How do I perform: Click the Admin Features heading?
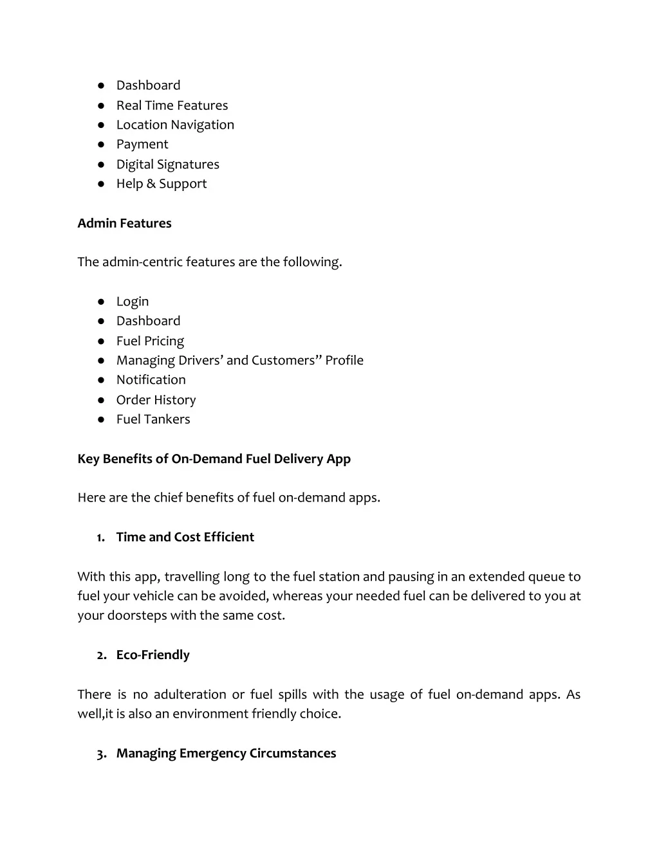(x=124, y=223)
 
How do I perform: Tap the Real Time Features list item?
(x=172, y=105)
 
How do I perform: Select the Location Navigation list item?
(x=175, y=125)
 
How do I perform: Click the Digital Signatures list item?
(x=167, y=165)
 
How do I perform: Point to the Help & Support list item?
(x=162, y=184)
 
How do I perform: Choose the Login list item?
(x=133, y=302)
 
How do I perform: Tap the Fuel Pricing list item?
(x=150, y=341)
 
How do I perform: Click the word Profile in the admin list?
(x=344, y=360)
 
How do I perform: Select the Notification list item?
(x=151, y=380)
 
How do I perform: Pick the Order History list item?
(x=156, y=400)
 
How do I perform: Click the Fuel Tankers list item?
(x=153, y=419)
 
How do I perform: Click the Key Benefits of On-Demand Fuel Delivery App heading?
(x=214, y=458)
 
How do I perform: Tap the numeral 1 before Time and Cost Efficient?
(x=100, y=538)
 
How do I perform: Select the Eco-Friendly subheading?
(x=153, y=655)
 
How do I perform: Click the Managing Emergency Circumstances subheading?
(x=226, y=753)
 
